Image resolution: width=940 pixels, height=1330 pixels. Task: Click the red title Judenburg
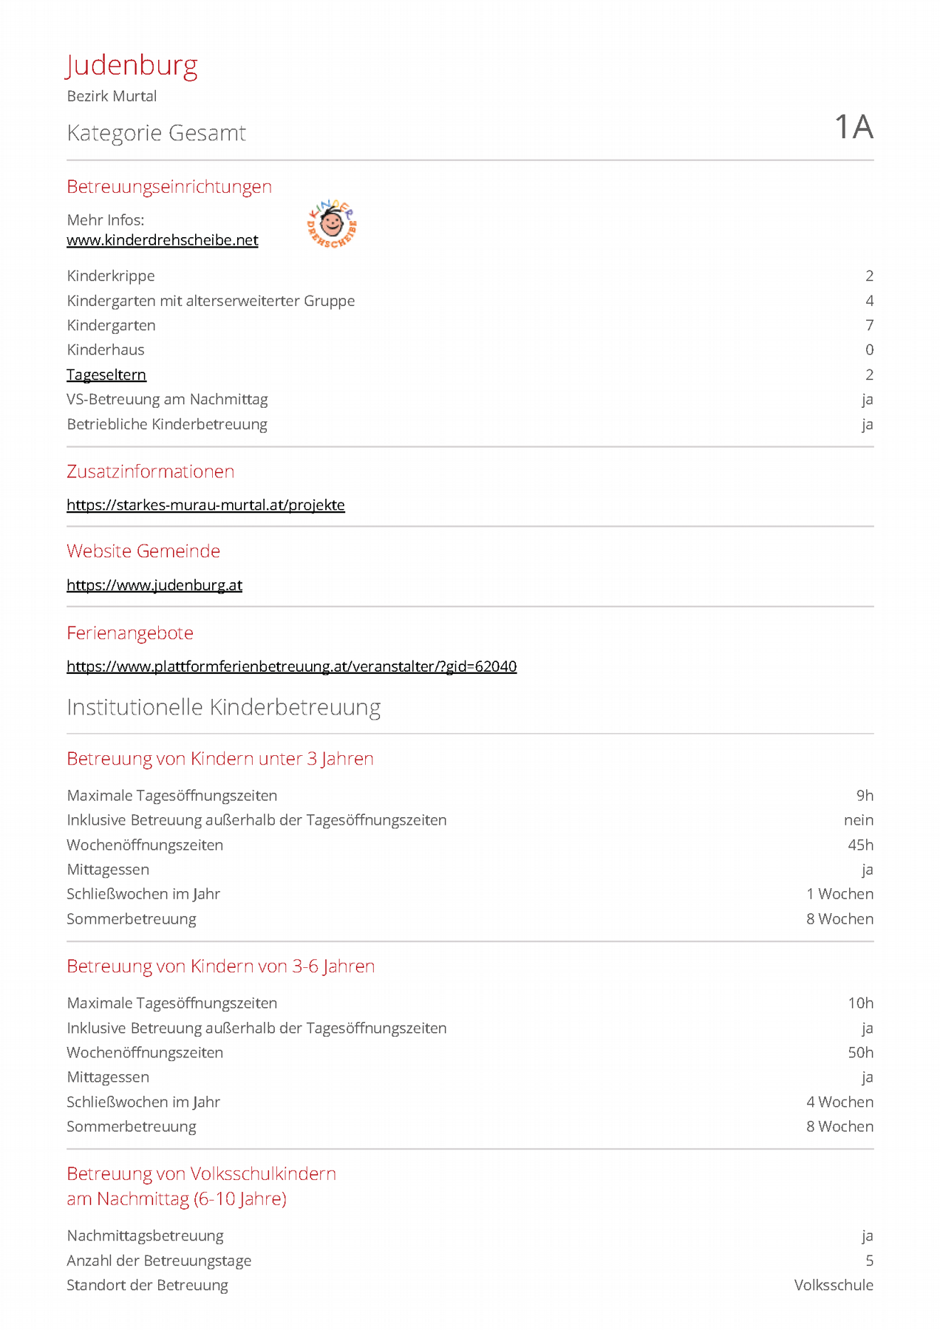[x=132, y=66]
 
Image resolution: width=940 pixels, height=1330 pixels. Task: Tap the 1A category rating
[x=854, y=127]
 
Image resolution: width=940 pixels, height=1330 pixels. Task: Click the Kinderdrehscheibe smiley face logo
[x=332, y=223]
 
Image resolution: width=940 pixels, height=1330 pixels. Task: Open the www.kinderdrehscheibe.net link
[x=163, y=240]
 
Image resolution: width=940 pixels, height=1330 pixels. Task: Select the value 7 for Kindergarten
[x=869, y=325]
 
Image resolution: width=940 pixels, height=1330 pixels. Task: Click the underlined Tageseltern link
[x=106, y=375]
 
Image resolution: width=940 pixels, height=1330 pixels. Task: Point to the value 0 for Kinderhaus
[x=869, y=349]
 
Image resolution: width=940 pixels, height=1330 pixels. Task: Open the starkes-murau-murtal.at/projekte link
[x=205, y=505]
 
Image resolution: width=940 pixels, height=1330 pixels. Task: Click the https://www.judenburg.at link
[x=154, y=585]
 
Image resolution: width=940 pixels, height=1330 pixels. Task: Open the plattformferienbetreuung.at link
[x=291, y=666]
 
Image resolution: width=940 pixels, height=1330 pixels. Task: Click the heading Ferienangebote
[x=130, y=633]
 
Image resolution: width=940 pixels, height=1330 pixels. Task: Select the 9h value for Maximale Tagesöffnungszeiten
[x=865, y=796]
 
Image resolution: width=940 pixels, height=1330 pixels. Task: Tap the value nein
[x=858, y=820]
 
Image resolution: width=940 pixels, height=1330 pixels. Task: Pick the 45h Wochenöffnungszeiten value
[x=860, y=845]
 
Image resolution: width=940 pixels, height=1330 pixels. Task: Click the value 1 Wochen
[x=839, y=894]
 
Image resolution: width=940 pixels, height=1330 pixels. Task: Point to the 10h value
[x=860, y=1003]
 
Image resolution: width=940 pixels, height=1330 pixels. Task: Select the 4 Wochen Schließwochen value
[x=839, y=1102]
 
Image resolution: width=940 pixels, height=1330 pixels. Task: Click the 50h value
[x=860, y=1053]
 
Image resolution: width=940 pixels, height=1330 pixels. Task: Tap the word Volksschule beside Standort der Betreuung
[x=834, y=1286]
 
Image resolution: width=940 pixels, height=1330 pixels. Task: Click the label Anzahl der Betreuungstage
[x=159, y=1261]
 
